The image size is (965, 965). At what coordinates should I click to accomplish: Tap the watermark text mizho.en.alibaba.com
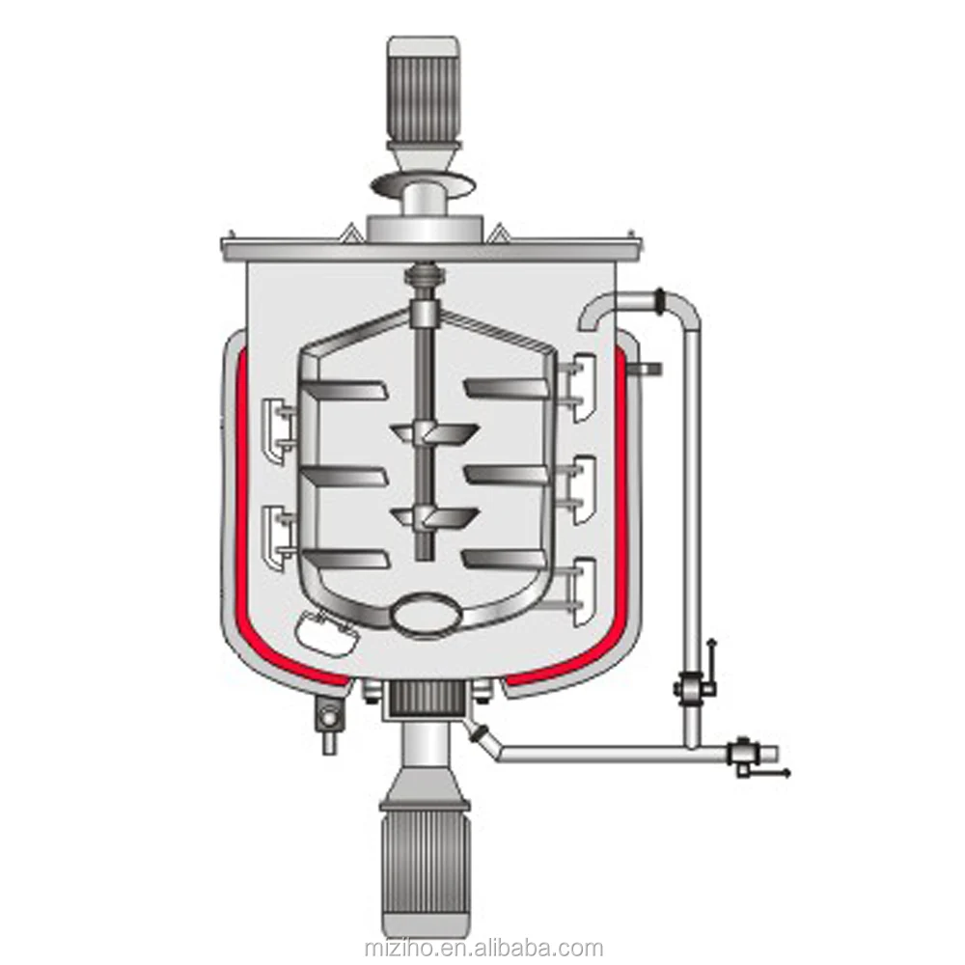(483, 922)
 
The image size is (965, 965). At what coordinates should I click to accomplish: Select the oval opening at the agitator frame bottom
(425, 613)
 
